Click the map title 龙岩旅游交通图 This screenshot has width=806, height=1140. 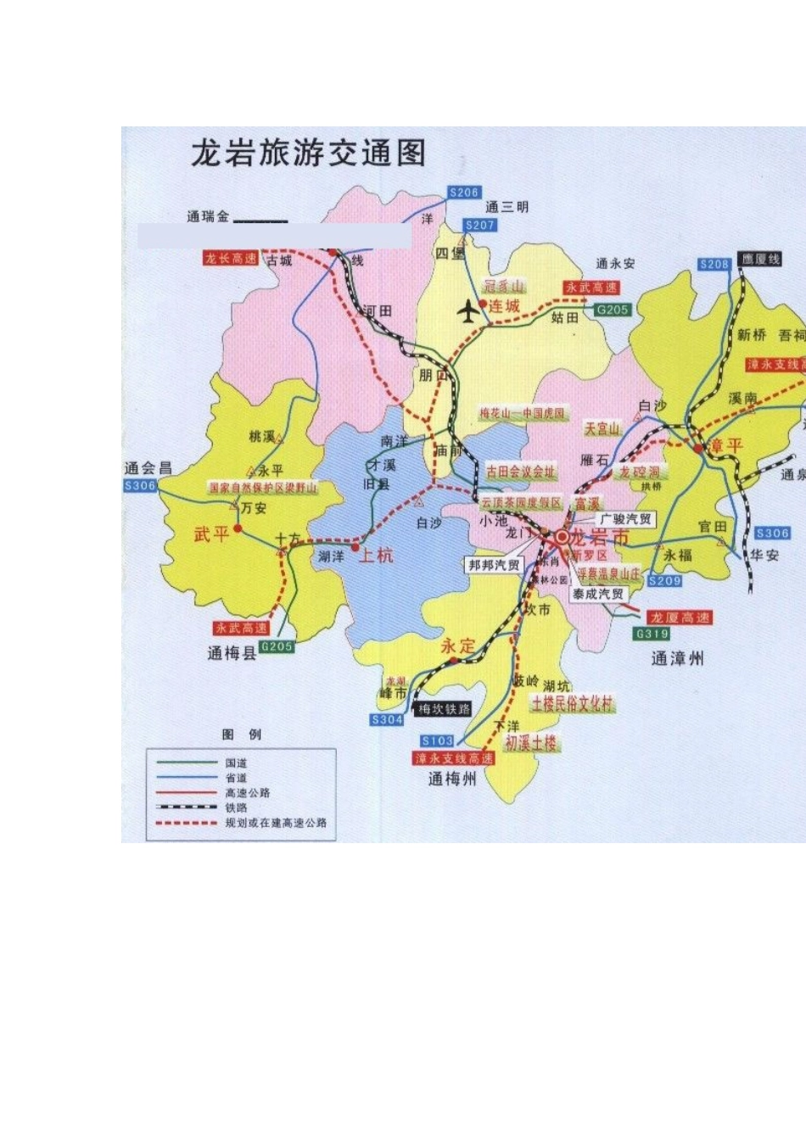pos(308,154)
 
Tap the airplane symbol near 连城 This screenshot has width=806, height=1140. pos(468,311)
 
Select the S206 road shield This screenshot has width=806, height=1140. pos(464,193)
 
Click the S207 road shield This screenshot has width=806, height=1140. pos(479,225)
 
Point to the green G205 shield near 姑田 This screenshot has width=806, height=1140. pos(612,310)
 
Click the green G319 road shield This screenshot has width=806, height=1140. pos(652,634)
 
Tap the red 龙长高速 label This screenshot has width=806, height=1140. pos(230,259)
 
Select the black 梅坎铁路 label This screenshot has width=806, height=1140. pos(444,709)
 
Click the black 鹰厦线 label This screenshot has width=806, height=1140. pos(759,259)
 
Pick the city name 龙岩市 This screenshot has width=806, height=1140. pos(599,538)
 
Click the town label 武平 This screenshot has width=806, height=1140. pos(211,534)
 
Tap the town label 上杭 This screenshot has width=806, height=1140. pos(376,556)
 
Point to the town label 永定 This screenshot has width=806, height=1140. pos(458,645)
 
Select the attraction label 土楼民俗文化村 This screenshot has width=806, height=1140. pos(572,703)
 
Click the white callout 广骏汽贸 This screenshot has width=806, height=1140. pos(626,519)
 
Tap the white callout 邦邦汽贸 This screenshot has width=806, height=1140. pos(494,565)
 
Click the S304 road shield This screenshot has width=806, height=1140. pos(387,719)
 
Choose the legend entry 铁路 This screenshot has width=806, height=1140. pos(236,807)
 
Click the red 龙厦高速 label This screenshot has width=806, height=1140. pos(680,617)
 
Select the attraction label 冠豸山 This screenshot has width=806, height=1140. pos(504,286)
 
